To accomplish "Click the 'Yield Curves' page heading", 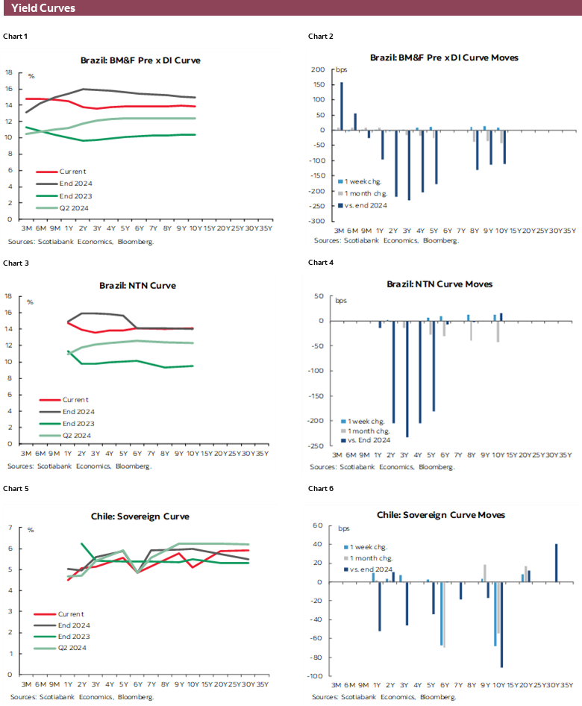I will point(43,9).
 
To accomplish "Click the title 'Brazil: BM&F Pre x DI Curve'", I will point(140,60).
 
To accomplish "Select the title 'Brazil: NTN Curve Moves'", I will point(439,284).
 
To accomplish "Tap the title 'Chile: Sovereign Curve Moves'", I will point(440,515).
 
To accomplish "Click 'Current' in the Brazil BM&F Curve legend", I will point(72,171).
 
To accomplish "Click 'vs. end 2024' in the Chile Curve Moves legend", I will point(375,569).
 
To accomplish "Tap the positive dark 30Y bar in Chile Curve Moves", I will point(557,563).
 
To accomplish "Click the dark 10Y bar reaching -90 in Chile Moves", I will point(501,624).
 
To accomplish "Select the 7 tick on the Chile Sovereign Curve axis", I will point(10,528).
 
